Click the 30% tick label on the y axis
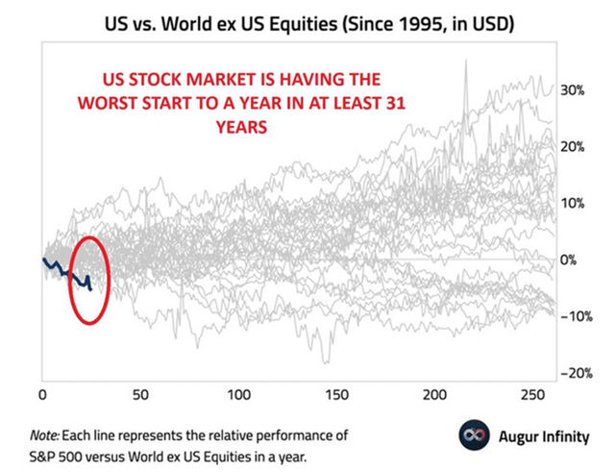pos(575,90)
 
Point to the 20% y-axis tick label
pos(575,147)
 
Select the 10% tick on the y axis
pos(575,204)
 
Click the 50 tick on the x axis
pos(141,395)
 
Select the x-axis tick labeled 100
pos(239,395)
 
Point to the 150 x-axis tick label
pos(338,395)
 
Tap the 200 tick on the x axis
pos(436,395)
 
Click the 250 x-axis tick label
pos(534,395)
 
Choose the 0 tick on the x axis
pos(42,395)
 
